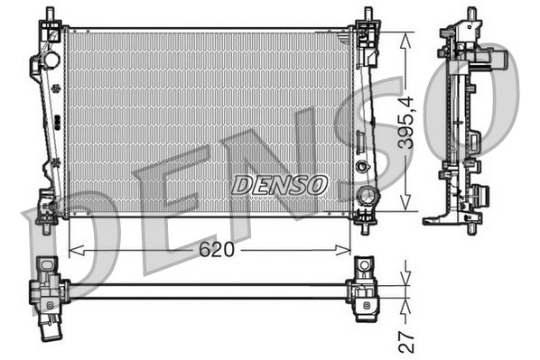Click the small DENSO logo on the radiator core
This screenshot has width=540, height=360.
tap(278, 185)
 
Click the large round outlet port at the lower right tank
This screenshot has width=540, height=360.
tap(367, 197)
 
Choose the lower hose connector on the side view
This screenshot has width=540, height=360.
tap(485, 193)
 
